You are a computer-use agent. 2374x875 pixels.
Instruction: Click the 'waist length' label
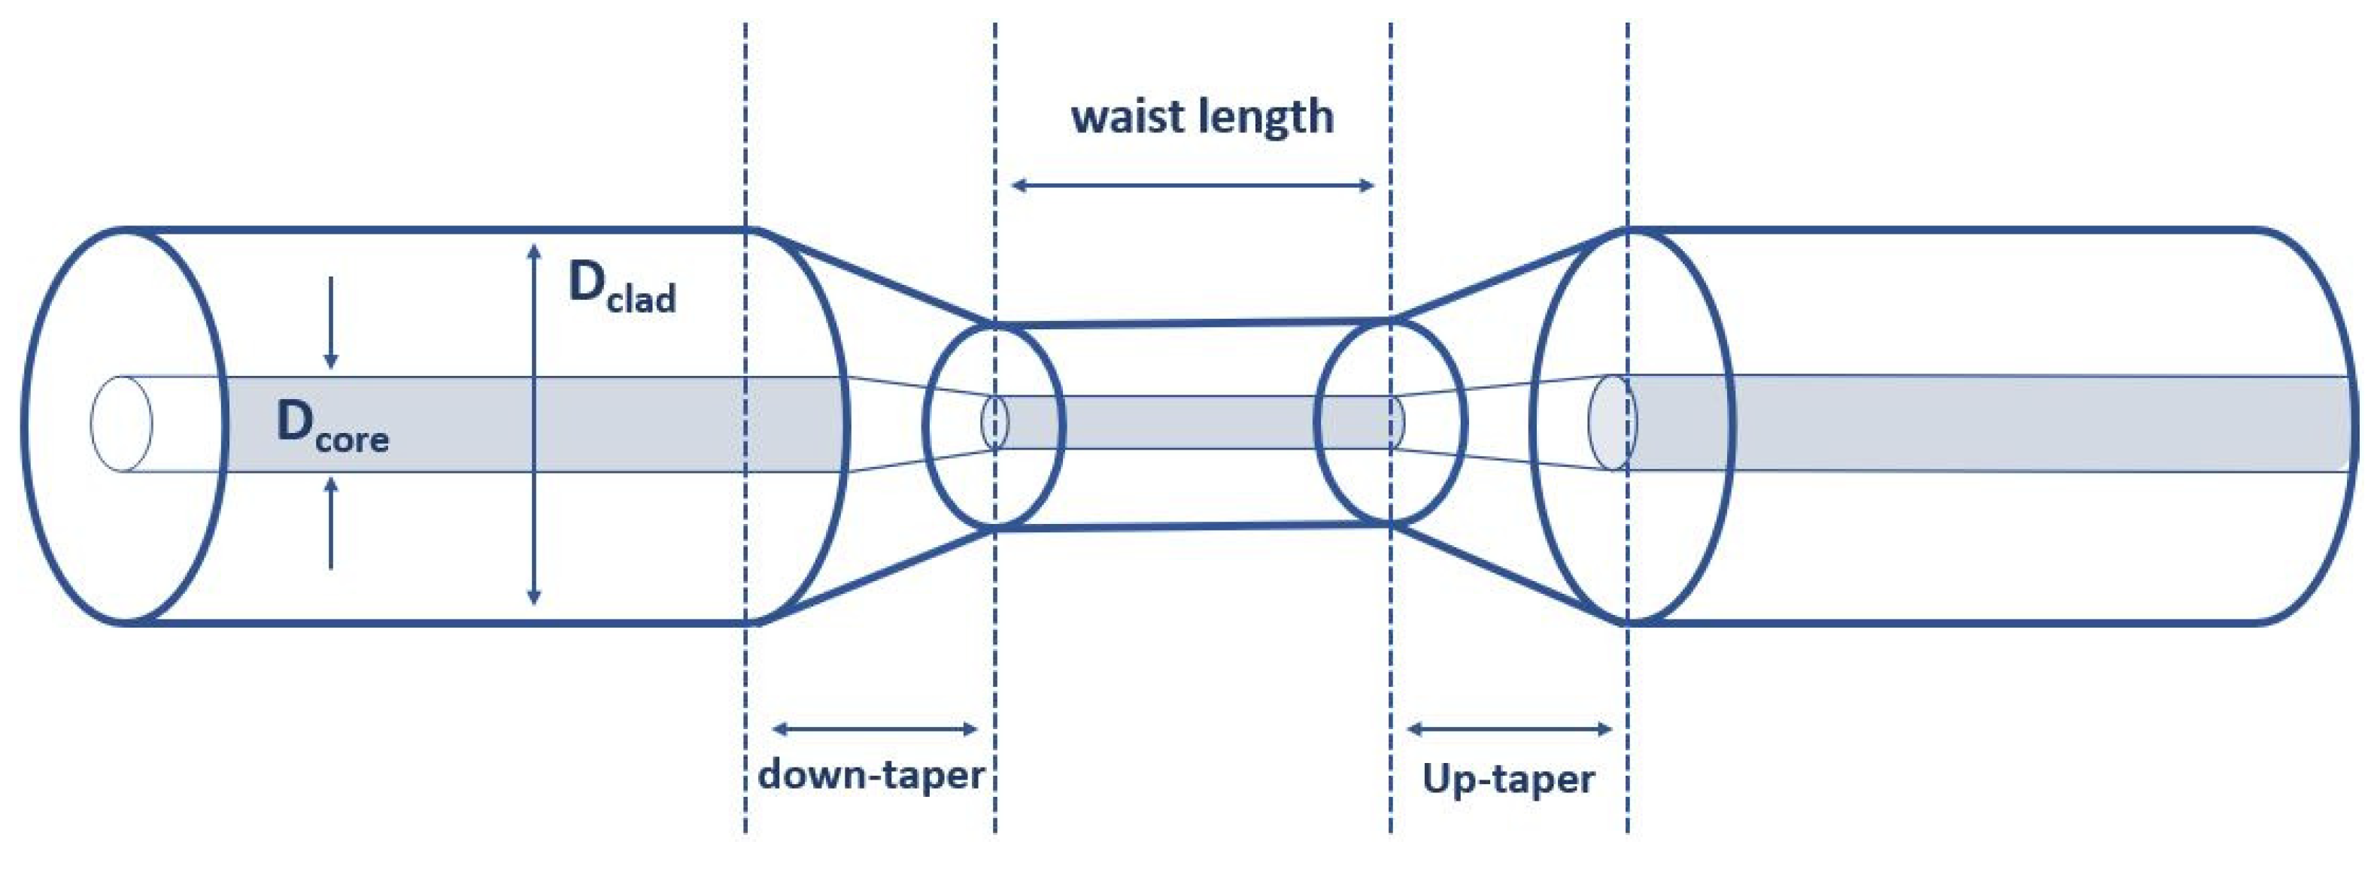pos(1202,118)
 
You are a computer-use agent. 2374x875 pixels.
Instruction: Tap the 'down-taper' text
pos(871,774)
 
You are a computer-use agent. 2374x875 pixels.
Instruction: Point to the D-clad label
pos(621,286)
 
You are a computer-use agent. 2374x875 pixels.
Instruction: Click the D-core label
pos(332,428)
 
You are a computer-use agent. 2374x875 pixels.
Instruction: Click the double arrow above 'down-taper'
pos(873,729)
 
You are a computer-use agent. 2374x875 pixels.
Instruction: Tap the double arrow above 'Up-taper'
pos(1510,729)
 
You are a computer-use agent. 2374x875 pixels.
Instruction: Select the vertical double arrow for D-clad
pos(533,425)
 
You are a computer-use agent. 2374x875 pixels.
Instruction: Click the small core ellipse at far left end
pos(120,424)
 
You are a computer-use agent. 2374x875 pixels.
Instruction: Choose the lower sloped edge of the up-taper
pos(1509,571)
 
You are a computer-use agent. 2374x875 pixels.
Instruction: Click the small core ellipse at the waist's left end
pos(995,422)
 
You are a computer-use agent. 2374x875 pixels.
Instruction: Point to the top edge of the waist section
pos(1194,323)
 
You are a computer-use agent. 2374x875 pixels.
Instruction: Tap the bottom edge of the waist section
pos(1194,526)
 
